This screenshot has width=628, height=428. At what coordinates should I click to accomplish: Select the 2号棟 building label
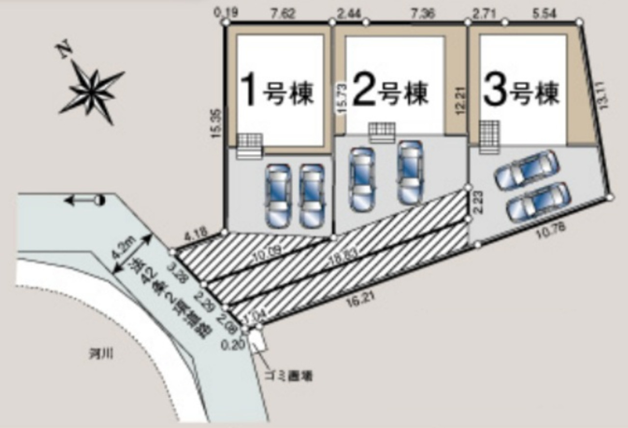(x=390, y=92)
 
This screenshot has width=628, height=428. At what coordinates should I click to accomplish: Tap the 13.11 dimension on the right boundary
(x=603, y=95)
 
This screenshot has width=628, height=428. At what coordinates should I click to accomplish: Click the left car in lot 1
(x=278, y=195)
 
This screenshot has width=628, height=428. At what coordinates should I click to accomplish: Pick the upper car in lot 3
(x=526, y=170)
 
